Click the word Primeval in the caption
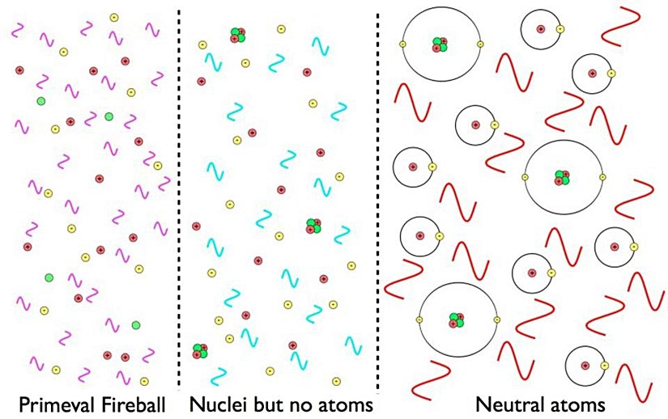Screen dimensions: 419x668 (x=50, y=403)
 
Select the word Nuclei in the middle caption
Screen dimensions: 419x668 (x=213, y=403)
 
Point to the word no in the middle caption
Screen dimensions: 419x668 (x=300, y=403)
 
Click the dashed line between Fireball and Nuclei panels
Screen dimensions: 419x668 (x=178, y=202)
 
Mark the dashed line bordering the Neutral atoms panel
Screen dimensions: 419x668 (x=378, y=202)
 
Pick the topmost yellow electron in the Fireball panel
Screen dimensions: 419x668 (x=114, y=17)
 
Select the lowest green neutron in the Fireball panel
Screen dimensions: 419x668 (x=135, y=325)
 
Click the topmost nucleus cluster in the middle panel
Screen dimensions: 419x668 (x=237, y=34)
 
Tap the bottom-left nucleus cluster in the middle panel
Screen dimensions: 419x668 (x=199, y=349)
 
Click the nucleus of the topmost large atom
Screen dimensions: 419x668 (x=440, y=44)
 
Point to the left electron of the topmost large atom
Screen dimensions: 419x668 (x=402, y=44)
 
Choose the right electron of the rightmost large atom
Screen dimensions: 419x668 (x=602, y=177)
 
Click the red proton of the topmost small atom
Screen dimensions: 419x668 (x=540, y=30)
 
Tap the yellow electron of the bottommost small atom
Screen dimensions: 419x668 (x=605, y=366)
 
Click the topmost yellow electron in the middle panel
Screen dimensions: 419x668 (x=281, y=29)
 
